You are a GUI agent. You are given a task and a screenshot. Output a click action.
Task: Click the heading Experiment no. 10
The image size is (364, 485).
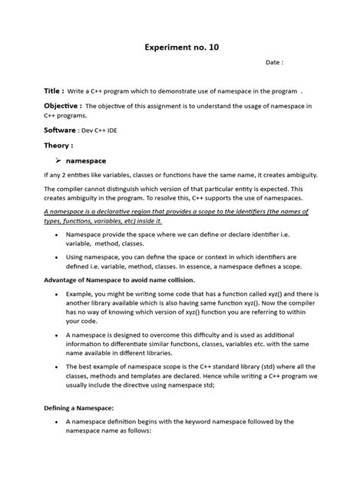coord(182,47)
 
